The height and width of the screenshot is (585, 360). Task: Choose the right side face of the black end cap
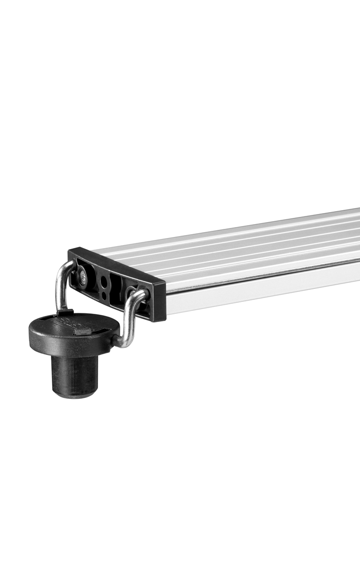coord(158,301)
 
